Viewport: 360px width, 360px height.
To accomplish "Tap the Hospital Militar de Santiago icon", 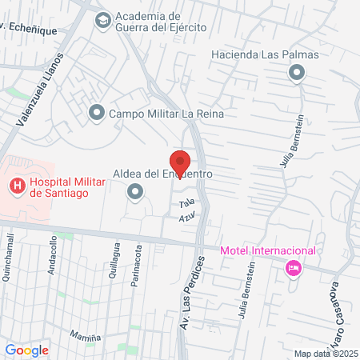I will click(16, 187).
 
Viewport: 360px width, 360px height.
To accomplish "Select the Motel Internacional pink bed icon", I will click(293, 267).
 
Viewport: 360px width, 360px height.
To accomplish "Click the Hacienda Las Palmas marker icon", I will click(297, 74).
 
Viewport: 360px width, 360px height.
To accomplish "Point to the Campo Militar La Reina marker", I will click(97, 114).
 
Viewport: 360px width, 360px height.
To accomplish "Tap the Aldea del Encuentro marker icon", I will click(134, 191).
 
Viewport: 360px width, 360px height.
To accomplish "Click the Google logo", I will click(26, 350).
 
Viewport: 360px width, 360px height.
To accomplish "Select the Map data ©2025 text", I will click(325, 354).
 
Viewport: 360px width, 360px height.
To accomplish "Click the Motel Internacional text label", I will click(268, 250).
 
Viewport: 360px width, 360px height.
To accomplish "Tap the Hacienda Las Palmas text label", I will click(265, 55).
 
